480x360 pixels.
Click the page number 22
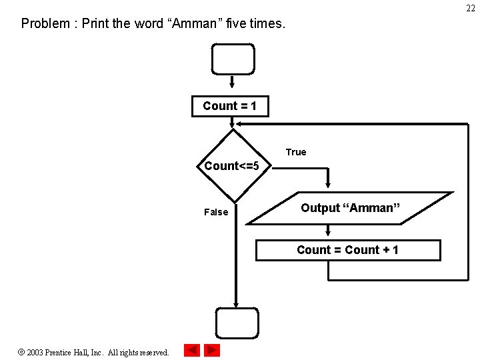tap(471, 8)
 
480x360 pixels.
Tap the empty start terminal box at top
tap(233, 59)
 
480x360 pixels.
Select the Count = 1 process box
tap(230, 106)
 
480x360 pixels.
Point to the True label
tap(296, 152)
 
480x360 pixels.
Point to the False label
tap(215, 212)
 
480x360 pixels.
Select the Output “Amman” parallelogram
tap(350, 208)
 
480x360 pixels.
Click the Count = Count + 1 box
tap(348, 250)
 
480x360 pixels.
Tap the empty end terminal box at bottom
tap(236, 323)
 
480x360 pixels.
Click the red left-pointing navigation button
tap(192, 350)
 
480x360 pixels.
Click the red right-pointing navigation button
tap(212, 350)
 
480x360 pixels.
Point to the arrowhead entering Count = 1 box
tap(232, 86)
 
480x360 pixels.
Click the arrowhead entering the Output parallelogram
tap(328, 186)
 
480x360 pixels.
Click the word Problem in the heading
tap(45, 24)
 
